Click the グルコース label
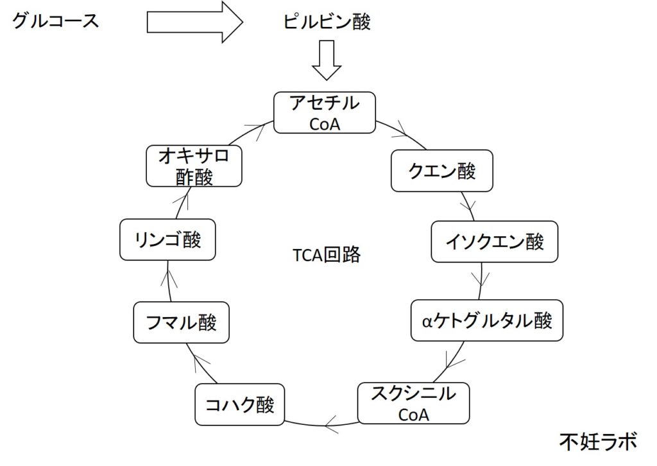pos(55,22)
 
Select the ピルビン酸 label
pos(327,22)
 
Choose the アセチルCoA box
pos(325,112)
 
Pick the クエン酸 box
pos(442,171)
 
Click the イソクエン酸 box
pos(495,242)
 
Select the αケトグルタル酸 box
pos(488,321)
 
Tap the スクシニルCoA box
pos(413,403)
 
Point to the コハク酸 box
pos(239,405)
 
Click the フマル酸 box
pos(181,322)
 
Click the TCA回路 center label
pos(327,255)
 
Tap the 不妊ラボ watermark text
pos(598,442)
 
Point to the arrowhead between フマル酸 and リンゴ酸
pos(169,277)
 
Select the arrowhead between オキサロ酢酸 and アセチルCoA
pos(260,128)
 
